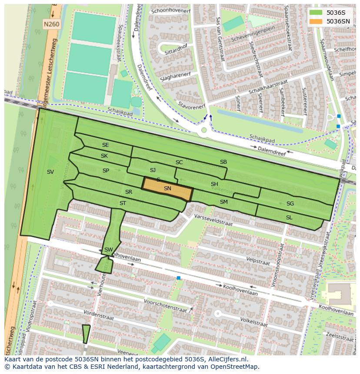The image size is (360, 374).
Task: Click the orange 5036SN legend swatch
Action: click(316, 21)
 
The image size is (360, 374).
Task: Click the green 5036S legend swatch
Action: click(316, 13)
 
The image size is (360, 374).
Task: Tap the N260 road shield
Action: click(51, 25)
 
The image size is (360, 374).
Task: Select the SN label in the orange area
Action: click(167, 189)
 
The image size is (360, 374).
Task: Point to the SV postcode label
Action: click(50, 172)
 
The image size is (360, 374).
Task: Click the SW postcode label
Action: click(108, 250)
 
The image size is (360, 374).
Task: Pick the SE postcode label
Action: click(106, 145)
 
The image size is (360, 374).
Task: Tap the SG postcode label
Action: click(290, 204)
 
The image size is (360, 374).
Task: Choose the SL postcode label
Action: click(289, 217)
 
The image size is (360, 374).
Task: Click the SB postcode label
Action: click(223, 162)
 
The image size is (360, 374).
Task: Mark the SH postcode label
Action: click(214, 184)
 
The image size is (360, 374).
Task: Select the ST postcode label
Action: click(123, 203)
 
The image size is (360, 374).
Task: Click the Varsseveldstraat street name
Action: click(213, 220)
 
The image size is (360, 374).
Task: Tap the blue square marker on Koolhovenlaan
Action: click(178, 278)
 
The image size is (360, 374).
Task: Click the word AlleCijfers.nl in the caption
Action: click(227, 359)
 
